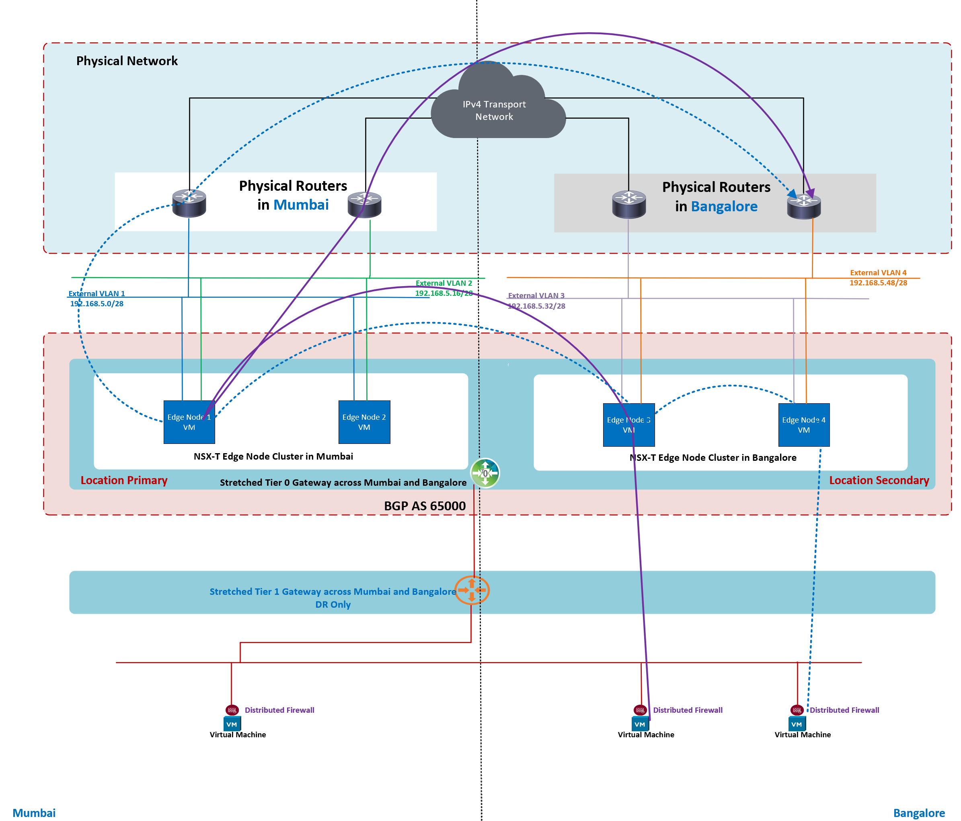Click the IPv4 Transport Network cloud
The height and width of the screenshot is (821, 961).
coord(495,110)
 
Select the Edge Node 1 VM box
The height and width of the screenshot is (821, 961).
coord(189,422)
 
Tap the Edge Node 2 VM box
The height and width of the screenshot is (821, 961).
coord(364,422)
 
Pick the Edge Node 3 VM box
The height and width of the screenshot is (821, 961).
coord(628,425)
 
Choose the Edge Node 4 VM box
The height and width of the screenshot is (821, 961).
coord(803,425)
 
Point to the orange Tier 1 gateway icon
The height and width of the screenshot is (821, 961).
coord(472,590)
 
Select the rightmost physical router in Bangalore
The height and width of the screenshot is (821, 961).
coord(804,206)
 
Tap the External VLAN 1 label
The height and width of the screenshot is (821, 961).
coord(97,293)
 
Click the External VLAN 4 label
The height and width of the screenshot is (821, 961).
coord(878,272)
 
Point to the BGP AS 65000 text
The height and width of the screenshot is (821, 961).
coord(424,506)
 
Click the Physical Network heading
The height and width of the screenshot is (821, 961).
coord(127,61)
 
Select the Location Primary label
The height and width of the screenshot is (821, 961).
coord(124,481)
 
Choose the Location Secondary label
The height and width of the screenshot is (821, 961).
coord(879,481)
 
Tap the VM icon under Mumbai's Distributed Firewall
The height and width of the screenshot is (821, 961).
coord(232,724)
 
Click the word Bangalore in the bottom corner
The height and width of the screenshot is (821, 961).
coord(918,813)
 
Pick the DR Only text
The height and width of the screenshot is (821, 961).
coord(333,604)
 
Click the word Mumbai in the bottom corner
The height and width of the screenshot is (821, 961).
coord(34,813)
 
